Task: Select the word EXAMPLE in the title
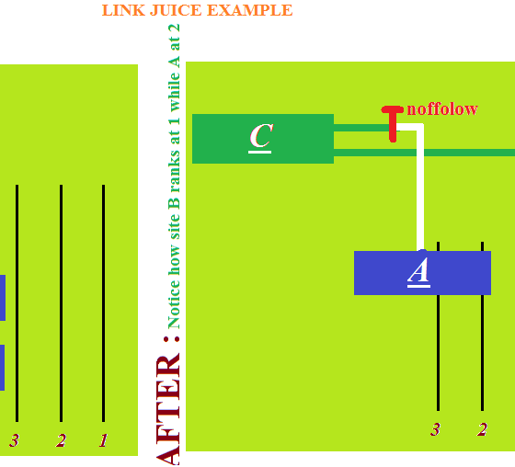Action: tap(250, 10)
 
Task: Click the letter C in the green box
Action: tap(261, 136)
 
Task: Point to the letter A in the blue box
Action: tap(418, 270)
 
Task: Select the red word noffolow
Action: tap(442, 109)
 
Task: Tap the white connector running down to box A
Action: tap(420, 188)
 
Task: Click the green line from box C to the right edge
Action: tap(424, 153)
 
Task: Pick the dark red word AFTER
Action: tap(168, 410)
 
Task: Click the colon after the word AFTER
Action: tap(172, 339)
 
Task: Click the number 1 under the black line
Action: tap(103, 440)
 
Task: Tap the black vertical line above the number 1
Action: tap(103, 303)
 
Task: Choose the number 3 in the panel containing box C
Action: tap(436, 429)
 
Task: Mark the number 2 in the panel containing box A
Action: tap(482, 429)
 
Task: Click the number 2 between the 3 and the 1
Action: tap(61, 440)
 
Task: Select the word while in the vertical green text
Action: tap(175, 91)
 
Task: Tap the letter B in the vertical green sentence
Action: tap(175, 203)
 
